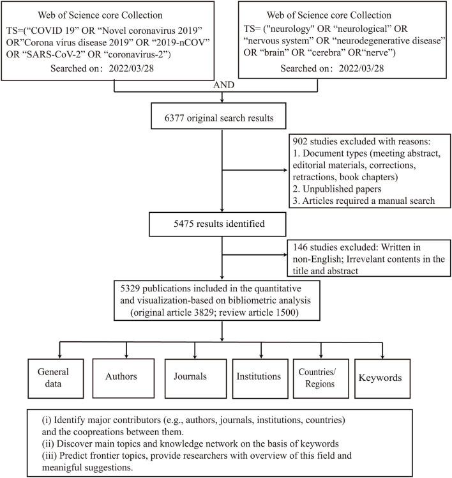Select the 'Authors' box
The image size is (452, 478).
click(x=121, y=376)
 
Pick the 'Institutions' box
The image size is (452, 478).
click(x=260, y=376)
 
